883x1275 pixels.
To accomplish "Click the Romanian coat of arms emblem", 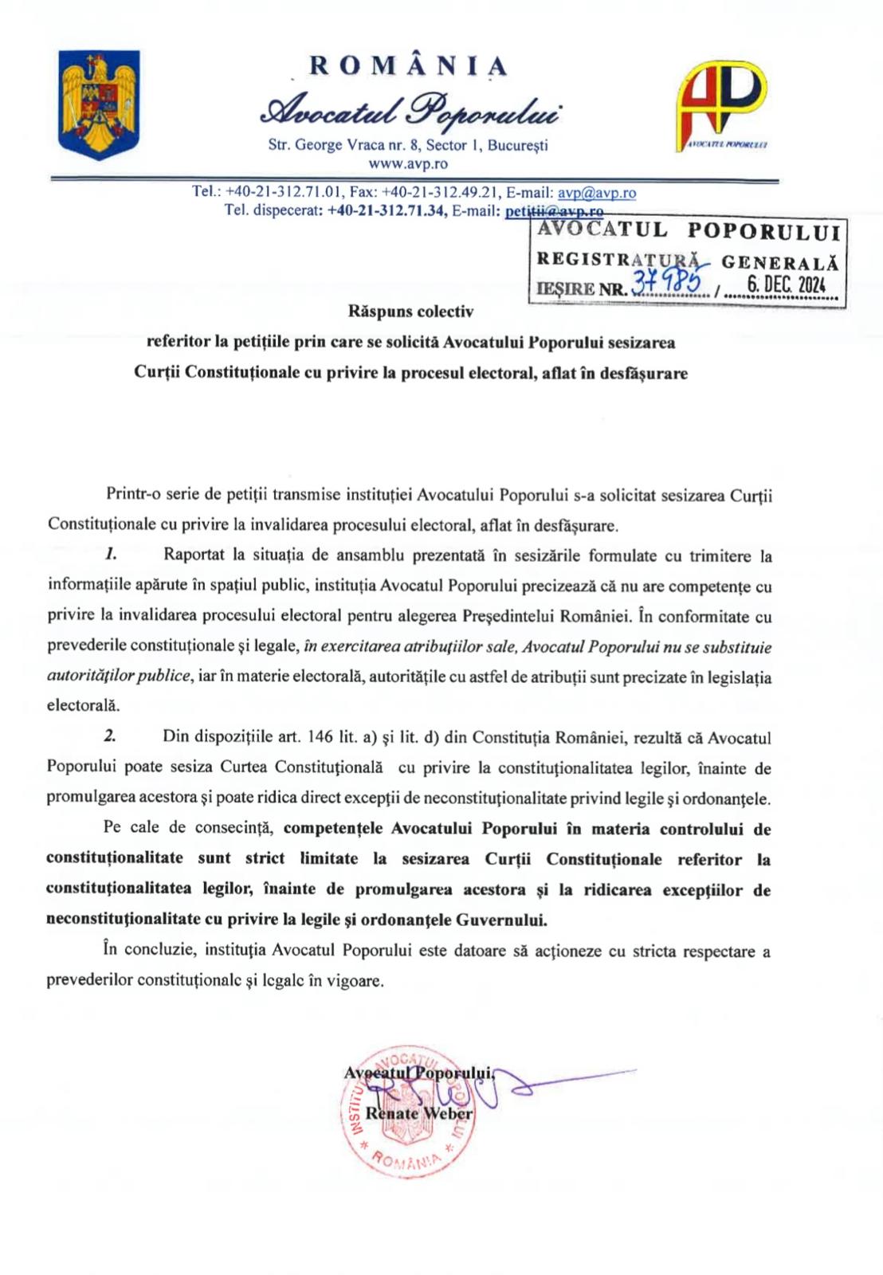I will click(100, 104).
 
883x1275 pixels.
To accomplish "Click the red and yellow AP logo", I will click(724, 104).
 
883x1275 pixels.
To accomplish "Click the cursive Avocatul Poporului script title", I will click(408, 112).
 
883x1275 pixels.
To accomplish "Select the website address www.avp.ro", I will click(408, 164).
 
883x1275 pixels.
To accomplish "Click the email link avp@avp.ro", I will click(597, 193).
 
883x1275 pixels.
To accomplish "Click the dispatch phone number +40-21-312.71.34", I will click(386, 211).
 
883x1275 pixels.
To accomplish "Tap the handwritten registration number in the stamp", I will click(670, 281).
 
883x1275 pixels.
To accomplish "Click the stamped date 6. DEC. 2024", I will click(786, 284).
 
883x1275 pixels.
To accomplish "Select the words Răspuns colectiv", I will click(410, 312).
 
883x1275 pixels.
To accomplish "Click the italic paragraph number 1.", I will click(112, 554).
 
